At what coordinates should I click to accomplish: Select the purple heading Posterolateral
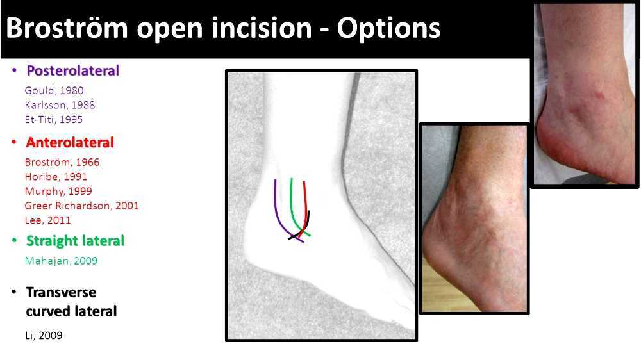(x=72, y=70)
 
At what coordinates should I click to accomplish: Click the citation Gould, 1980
(x=54, y=91)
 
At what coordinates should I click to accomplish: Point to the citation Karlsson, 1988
(x=60, y=105)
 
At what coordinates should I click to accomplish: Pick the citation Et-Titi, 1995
(x=54, y=119)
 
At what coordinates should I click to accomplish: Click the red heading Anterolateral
(x=70, y=142)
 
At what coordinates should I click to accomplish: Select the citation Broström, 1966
(x=62, y=162)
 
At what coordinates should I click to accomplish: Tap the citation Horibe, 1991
(x=56, y=177)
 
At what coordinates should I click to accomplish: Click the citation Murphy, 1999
(x=58, y=191)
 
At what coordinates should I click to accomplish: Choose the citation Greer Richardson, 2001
(x=81, y=206)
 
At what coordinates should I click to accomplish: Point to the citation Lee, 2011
(x=47, y=220)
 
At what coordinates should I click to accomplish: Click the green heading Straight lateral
(x=75, y=241)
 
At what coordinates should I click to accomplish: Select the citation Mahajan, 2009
(x=61, y=261)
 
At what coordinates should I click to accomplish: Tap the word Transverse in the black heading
(x=61, y=292)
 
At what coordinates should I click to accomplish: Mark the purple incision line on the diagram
(x=276, y=205)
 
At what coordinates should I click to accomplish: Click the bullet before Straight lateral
(x=14, y=241)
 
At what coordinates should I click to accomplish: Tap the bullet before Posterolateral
(x=14, y=70)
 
